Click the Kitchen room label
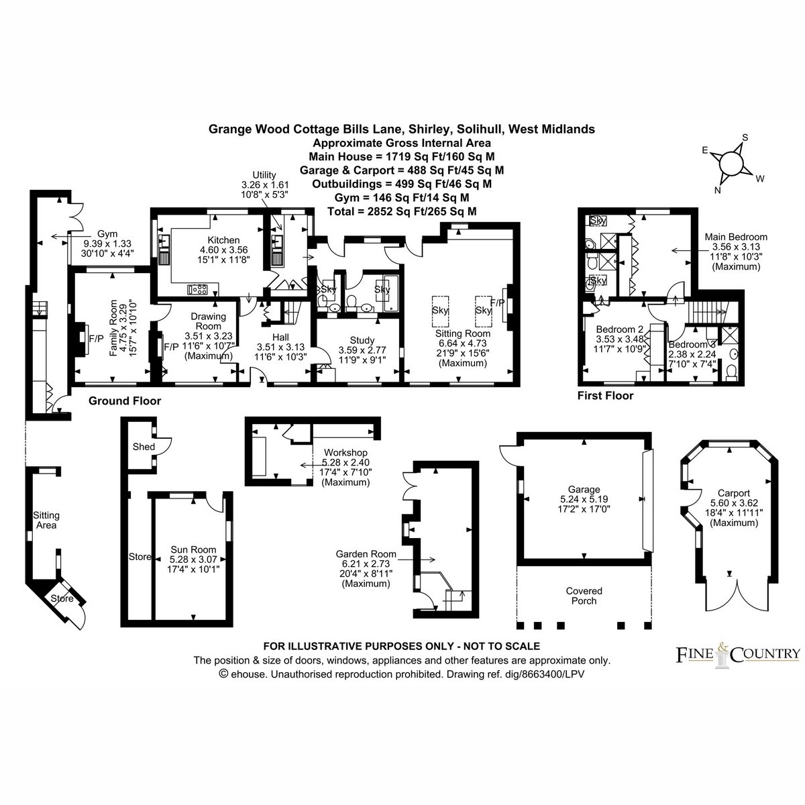click(x=223, y=240)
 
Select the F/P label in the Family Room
click(x=96, y=338)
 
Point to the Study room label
click(x=362, y=341)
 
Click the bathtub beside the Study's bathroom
click(x=391, y=293)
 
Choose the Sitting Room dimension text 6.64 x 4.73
click(x=463, y=343)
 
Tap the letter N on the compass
click(x=718, y=191)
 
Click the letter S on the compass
click(x=745, y=138)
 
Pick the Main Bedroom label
click(x=736, y=237)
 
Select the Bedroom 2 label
click(x=620, y=329)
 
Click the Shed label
click(x=144, y=447)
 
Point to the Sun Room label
click(x=193, y=550)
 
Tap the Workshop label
click(x=345, y=452)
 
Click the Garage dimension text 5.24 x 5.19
click(x=584, y=499)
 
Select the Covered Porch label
click(x=584, y=596)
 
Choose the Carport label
click(x=734, y=493)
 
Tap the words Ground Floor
click(x=125, y=401)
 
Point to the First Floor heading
click(x=605, y=396)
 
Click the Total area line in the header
click(x=402, y=211)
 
